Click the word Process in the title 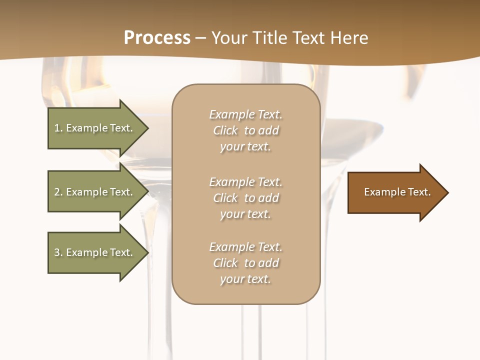pyautogui.click(x=157, y=38)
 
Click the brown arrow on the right pyautogui.click(x=395, y=192)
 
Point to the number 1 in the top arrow pyautogui.click(x=57, y=128)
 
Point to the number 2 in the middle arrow pyautogui.click(x=57, y=192)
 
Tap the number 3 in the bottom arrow pyautogui.click(x=57, y=252)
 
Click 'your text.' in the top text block pyautogui.click(x=245, y=147)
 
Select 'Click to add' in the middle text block pyautogui.click(x=245, y=198)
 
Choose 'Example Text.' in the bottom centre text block pyautogui.click(x=245, y=247)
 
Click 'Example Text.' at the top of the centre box pyautogui.click(x=245, y=114)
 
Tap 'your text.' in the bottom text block pyautogui.click(x=245, y=279)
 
